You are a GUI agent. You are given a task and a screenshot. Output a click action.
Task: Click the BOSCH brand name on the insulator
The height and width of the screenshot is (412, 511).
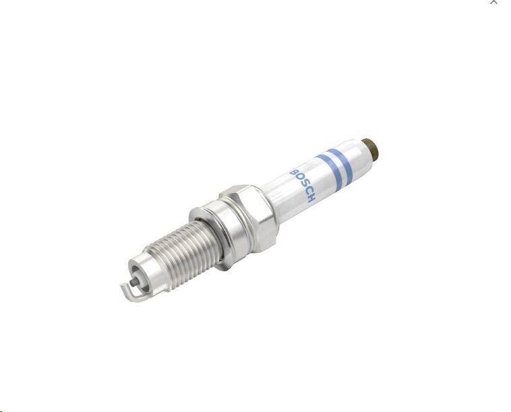tap(303, 185)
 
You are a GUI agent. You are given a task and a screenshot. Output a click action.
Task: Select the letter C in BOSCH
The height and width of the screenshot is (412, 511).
tap(307, 191)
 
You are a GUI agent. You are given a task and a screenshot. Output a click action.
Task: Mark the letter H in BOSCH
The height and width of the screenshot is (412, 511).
tap(311, 198)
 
